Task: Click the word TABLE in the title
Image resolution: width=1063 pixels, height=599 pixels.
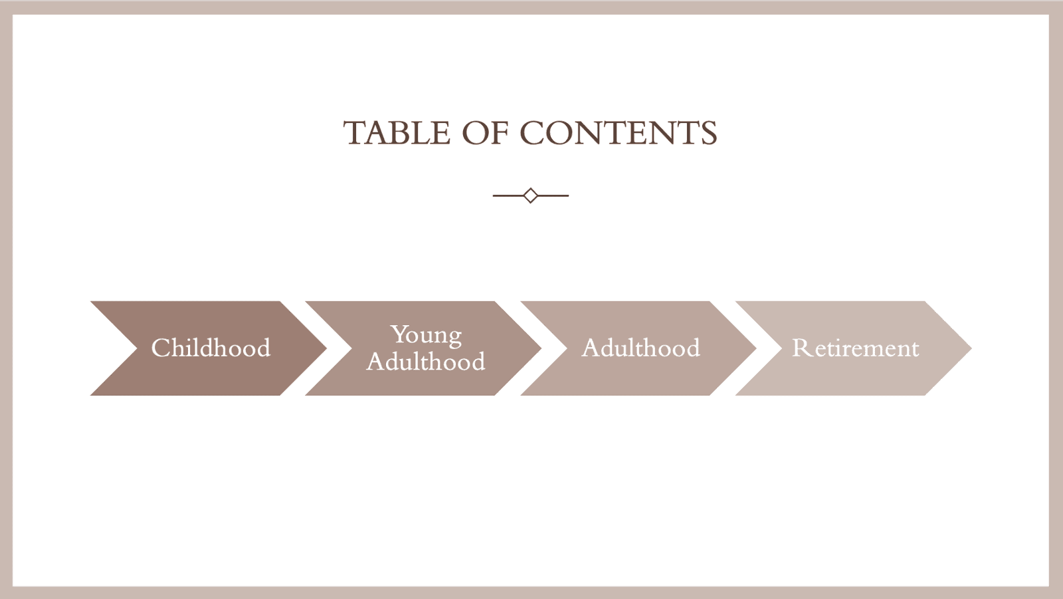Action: point(397,132)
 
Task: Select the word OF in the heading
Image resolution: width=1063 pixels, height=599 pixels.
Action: point(485,132)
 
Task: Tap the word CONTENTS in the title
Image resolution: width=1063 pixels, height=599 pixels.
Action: point(619,132)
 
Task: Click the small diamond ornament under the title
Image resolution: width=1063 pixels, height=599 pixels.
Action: point(531,195)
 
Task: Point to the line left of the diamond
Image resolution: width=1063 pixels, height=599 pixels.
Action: point(508,195)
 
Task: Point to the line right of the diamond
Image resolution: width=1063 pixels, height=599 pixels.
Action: point(553,195)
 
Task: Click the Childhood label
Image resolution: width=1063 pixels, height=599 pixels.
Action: point(211,348)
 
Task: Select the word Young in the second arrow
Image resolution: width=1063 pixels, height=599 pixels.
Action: point(426,335)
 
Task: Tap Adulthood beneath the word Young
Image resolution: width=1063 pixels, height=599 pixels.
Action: point(426,362)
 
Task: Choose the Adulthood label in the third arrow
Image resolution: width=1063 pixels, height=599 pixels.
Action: point(640,348)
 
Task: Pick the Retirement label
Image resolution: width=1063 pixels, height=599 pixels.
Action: point(856,348)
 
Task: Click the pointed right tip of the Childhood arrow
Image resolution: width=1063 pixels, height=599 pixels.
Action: point(326,348)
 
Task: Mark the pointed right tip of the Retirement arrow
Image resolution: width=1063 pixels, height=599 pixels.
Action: point(971,348)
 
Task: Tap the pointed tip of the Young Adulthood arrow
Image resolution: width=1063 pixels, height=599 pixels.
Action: point(541,348)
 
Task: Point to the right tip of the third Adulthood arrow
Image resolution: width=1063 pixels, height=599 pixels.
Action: point(757,348)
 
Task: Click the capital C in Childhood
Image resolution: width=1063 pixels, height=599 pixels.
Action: point(160,348)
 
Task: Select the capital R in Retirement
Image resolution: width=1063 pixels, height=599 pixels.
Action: point(801,348)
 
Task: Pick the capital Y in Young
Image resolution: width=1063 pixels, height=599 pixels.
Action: point(399,334)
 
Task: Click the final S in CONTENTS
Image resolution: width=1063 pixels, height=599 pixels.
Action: point(708,132)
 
